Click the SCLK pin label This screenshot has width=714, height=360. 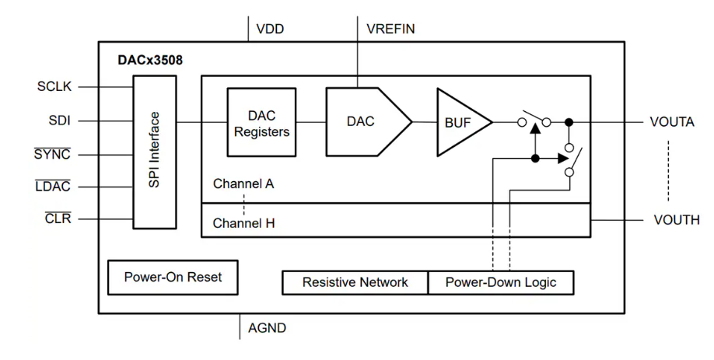coord(54,86)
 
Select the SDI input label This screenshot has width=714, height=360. coord(59,121)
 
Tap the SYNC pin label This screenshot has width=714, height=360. coord(52,154)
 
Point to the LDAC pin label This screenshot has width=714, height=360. coord(53,187)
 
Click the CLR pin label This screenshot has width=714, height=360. coord(58,218)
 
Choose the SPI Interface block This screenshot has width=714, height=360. coord(155,152)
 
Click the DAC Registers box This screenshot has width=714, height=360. coord(261,122)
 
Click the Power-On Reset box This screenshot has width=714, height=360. coord(173,277)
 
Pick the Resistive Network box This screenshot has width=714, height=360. coord(355,282)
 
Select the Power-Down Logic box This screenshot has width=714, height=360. coord(501,282)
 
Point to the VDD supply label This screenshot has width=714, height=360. coord(270,30)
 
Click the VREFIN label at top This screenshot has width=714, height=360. coord(390,30)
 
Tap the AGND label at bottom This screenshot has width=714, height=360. coord(267,327)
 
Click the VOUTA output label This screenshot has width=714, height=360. coord(672,122)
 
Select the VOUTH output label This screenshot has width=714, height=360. coord(676,220)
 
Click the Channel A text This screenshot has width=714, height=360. coord(243,185)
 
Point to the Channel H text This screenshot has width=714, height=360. coord(243,223)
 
